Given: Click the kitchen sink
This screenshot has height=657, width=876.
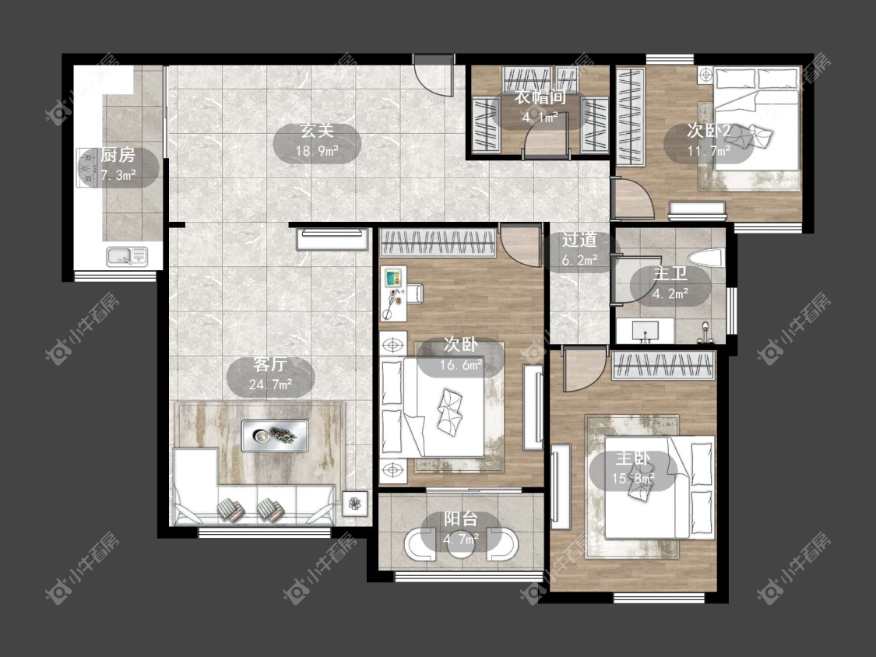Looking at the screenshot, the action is (128, 256).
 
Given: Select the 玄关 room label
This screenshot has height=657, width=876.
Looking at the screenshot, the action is (317, 132).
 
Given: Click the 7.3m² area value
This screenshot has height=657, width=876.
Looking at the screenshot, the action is (118, 175).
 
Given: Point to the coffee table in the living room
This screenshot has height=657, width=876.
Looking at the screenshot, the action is (275, 436).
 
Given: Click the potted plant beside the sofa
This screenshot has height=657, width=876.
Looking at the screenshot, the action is (354, 504).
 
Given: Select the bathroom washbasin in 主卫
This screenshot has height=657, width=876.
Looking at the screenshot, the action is (646, 330).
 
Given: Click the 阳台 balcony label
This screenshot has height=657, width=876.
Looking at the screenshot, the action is (460, 519).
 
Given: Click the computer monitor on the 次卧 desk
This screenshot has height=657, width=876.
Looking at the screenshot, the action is (394, 276).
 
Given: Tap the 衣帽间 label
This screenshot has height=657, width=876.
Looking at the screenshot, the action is (540, 97).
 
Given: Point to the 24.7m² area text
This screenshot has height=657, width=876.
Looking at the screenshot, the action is (270, 385).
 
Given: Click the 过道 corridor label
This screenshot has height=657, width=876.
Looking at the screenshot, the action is (579, 240).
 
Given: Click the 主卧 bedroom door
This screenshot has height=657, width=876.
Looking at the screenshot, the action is (585, 369).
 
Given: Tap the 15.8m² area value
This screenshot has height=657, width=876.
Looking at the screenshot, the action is (633, 479).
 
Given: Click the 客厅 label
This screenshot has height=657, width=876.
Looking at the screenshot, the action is (270, 365).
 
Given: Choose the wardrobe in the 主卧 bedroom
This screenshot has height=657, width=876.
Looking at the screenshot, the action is (663, 366).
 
